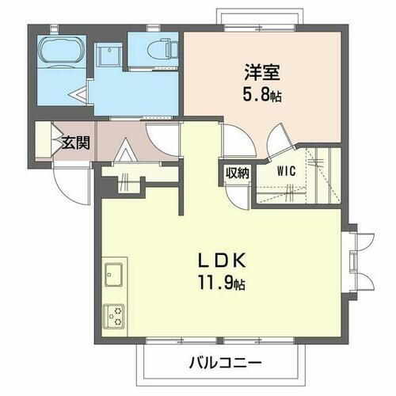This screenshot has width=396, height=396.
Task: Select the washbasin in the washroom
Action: tap(107, 56)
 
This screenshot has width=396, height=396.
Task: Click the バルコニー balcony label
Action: tap(224, 363)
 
